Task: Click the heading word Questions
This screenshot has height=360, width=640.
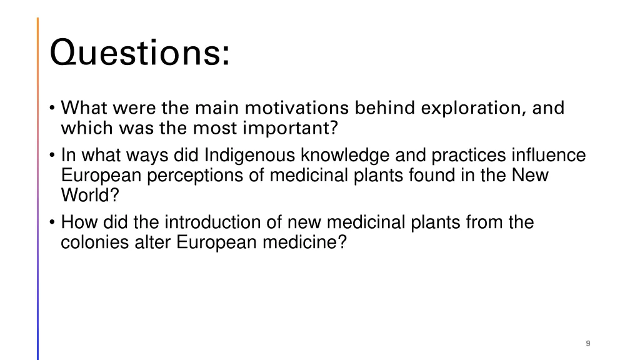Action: pos(139,53)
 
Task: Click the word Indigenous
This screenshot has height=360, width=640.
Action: pos(251,155)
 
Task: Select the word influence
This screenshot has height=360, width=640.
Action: pos(549,155)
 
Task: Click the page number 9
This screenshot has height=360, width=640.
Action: pos(588,343)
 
